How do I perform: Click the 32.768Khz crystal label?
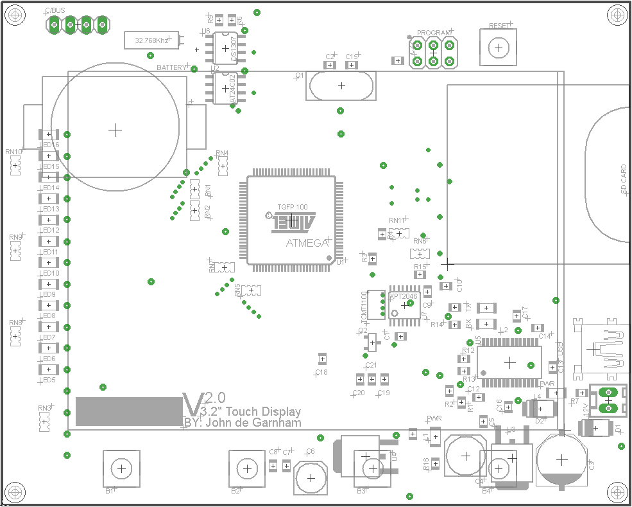coord(152,40)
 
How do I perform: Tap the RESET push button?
coord(498,48)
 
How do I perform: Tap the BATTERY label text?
coord(171,67)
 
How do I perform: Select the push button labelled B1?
coord(121,469)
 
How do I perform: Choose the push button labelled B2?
coord(247,469)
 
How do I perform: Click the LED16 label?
coord(51,145)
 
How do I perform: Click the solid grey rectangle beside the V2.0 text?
coord(128,411)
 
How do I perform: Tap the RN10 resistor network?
coord(15,166)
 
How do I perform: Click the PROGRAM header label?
coord(433,33)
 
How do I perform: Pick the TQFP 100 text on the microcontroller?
coord(292,207)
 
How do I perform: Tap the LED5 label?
coord(49,380)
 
